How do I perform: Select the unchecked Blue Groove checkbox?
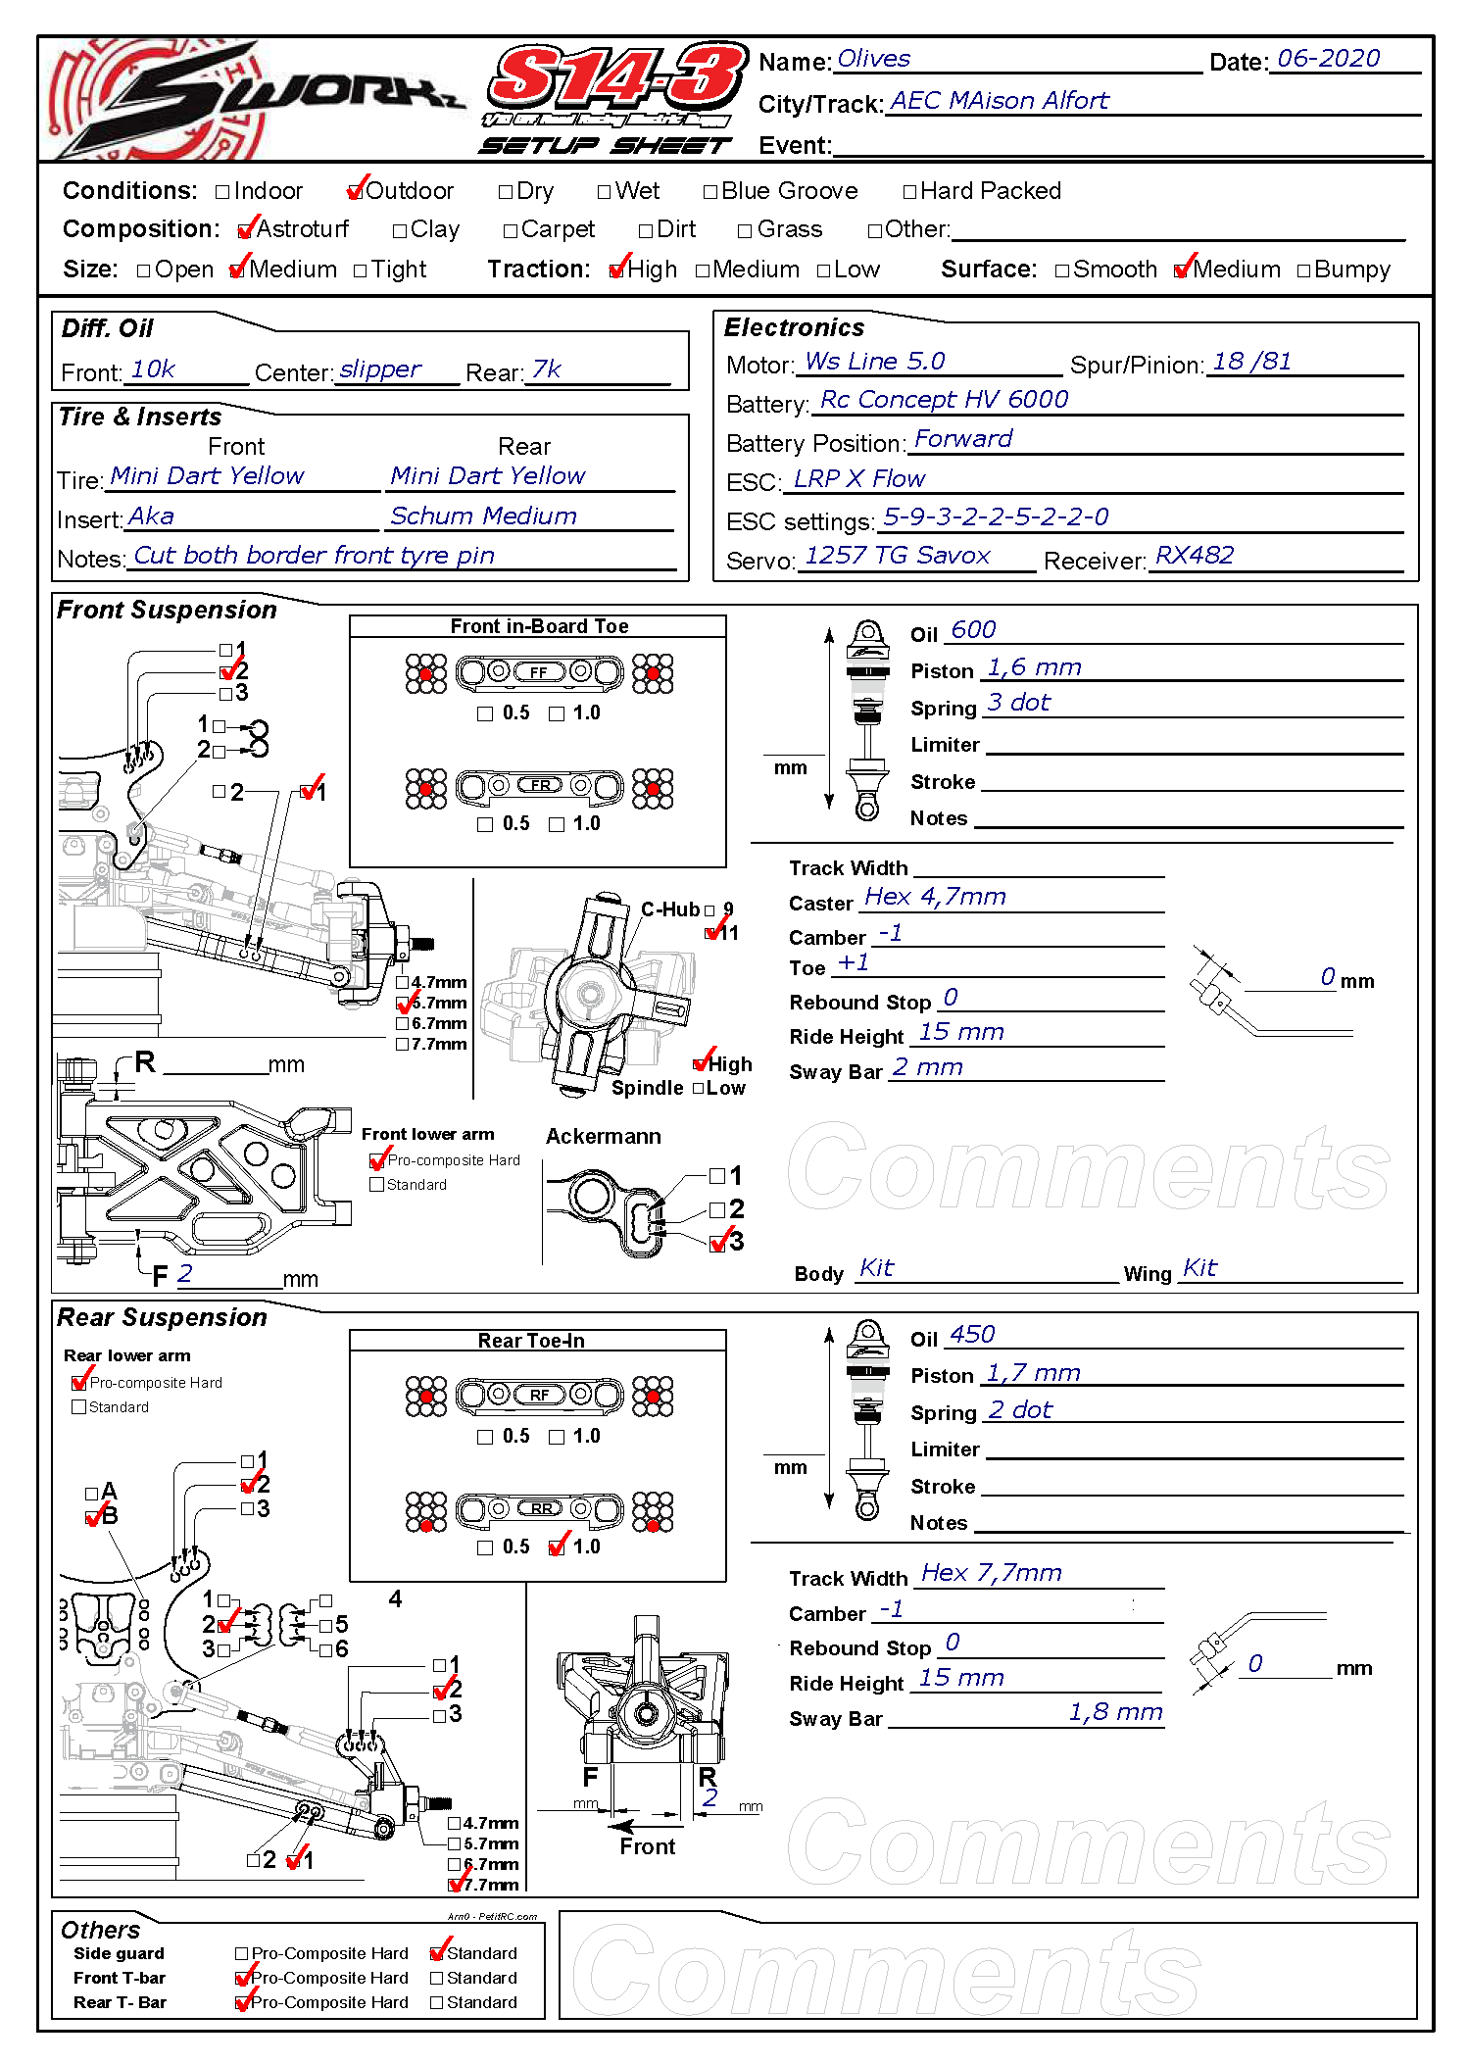tap(710, 192)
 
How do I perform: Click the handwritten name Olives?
tap(873, 59)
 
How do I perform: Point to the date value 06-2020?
tap(1328, 59)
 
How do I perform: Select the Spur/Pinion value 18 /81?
tap(1251, 362)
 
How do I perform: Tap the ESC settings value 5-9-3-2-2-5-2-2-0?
tap(995, 516)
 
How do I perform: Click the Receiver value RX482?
tap(1194, 556)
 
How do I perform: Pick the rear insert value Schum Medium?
tap(483, 516)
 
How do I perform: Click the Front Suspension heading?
tap(167, 610)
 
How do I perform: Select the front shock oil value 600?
tap(973, 630)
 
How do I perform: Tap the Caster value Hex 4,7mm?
tap(935, 897)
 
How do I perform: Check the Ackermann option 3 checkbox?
tap(718, 1243)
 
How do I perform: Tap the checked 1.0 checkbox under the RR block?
tap(558, 1547)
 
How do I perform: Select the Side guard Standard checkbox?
tap(438, 1953)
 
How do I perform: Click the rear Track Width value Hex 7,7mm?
tap(991, 1573)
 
